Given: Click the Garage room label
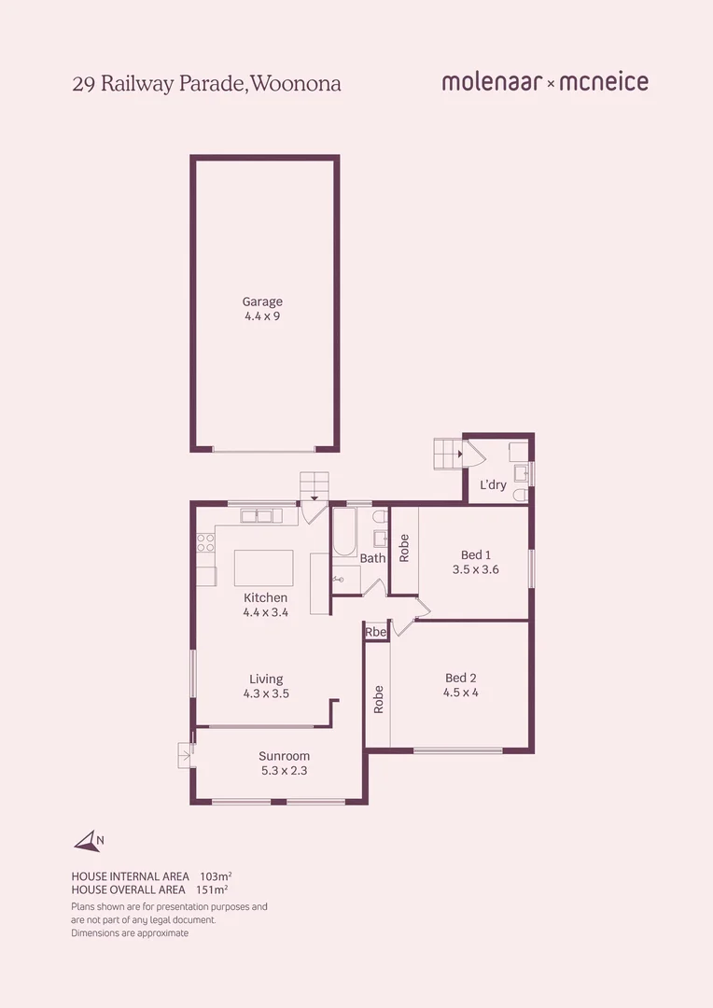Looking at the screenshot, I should pyautogui.click(x=262, y=301).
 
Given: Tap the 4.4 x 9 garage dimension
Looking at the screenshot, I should pyautogui.click(x=262, y=316).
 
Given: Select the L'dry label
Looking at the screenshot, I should pyautogui.click(x=493, y=485).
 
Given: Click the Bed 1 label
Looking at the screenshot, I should pyautogui.click(x=475, y=555).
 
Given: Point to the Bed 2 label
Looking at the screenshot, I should pyautogui.click(x=460, y=678).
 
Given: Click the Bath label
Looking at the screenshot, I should pyautogui.click(x=372, y=558).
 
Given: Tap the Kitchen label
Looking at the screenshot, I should pyautogui.click(x=265, y=597).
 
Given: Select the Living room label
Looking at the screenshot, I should pyautogui.click(x=265, y=679).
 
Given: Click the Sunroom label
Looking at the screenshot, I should pyautogui.click(x=284, y=756).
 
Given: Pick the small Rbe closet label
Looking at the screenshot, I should pyautogui.click(x=375, y=633).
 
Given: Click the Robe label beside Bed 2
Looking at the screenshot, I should pyautogui.click(x=378, y=700).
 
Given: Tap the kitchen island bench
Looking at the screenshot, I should pyautogui.click(x=263, y=567).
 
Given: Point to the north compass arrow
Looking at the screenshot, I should pyautogui.click(x=88, y=842).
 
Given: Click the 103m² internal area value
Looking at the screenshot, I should pyautogui.click(x=216, y=876).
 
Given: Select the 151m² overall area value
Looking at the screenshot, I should pyautogui.click(x=212, y=889).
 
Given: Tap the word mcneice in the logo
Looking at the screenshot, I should pyautogui.click(x=604, y=82).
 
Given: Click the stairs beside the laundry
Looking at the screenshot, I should pyautogui.click(x=447, y=454).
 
